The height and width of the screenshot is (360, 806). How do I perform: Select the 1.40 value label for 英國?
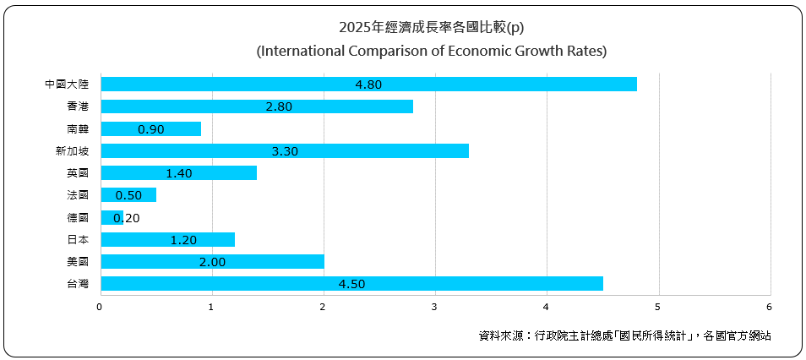click(x=179, y=173)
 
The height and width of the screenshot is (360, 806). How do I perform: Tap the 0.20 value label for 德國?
click(x=126, y=218)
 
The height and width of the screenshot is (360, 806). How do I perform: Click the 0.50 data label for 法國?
click(x=128, y=195)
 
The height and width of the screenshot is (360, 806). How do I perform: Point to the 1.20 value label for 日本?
click(x=183, y=240)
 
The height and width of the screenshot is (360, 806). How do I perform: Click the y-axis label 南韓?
click(x=78, y=129)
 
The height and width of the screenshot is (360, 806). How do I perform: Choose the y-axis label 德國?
click(x=78, y=218)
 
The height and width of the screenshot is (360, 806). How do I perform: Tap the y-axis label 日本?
click(x=78, y=240)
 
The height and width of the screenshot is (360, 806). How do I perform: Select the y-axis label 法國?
click(x=78, y=195)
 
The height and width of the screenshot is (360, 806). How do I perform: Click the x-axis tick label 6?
click(x=769, y=307)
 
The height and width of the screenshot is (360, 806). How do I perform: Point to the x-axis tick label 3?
click(x=434, y=307)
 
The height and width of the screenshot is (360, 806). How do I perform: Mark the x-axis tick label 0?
click(x=101, y=307)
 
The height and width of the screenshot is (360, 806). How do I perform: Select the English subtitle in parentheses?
click(x=431, y=51)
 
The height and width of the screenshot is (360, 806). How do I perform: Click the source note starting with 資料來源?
click(x=624, y=335)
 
